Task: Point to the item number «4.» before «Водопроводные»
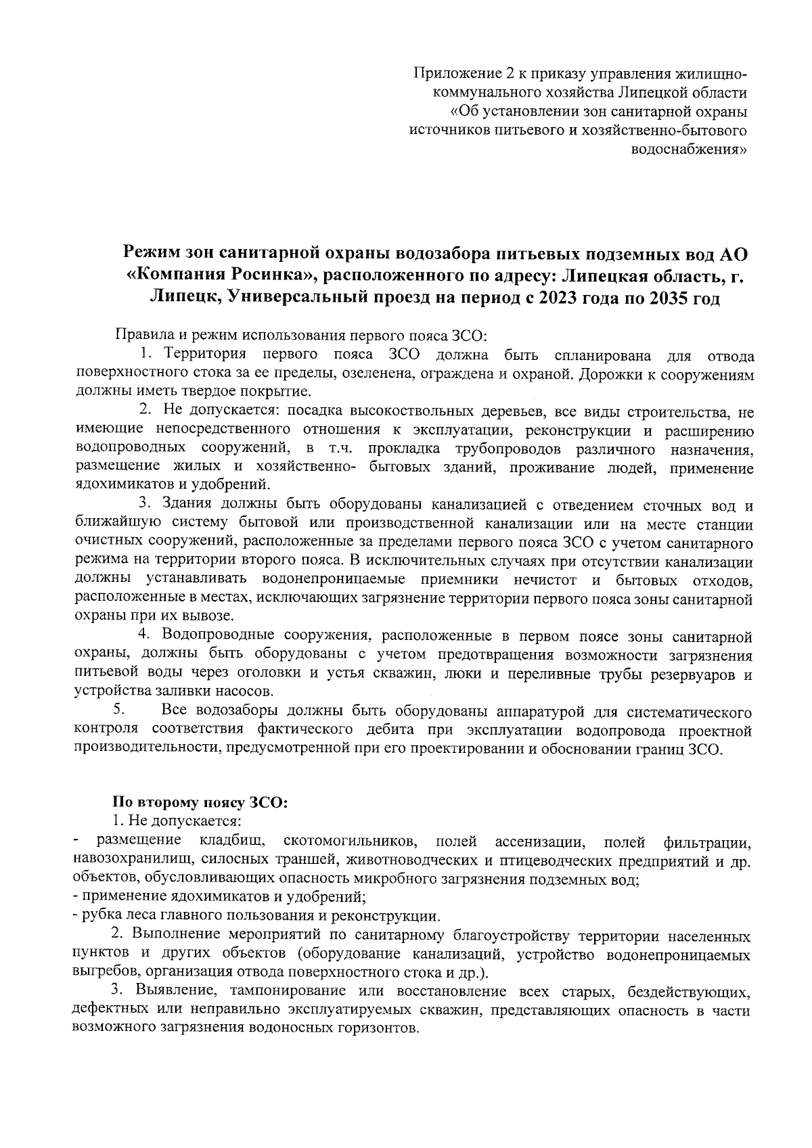click(x=144, y=636)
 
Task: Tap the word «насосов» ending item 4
click(x=247, y=692)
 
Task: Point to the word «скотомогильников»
click(x=350, y=841)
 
